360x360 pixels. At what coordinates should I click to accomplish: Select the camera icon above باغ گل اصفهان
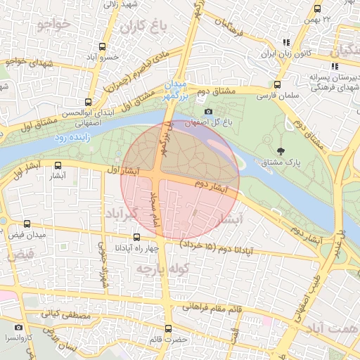(x=207, y=112)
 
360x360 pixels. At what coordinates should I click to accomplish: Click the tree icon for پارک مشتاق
(x=281, y=150)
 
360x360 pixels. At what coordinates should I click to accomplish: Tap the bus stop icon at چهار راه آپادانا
(x=136, y=237)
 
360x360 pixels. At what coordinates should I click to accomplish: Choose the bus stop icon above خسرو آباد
(x=103, y=46)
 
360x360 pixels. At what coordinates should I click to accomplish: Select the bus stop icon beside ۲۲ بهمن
(x=317, y=10)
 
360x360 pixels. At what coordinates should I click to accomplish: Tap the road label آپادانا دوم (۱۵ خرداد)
(x=214, y=247)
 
